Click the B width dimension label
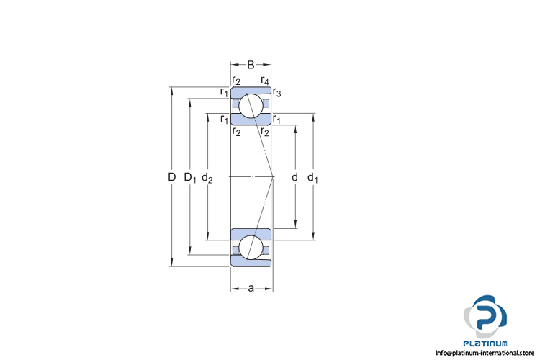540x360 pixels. click(251, 65)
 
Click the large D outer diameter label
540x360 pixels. click(171, 177)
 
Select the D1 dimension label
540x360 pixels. click(189, 177)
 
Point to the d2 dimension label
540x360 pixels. click(207, 177)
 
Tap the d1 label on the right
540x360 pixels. click(312, 177)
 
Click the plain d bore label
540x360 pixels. click(294, 177)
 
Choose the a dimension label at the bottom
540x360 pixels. click(251, 289)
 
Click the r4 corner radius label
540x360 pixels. click(265, 80)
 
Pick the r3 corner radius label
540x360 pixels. click(277, 91)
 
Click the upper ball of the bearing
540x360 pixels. click(251, 105)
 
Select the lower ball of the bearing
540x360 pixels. click(251, 247)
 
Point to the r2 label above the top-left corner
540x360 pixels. click(236, 80)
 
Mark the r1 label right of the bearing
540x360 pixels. click(277, 119)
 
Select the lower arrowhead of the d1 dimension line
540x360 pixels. click(313, 236)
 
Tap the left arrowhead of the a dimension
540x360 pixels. click(233, 289)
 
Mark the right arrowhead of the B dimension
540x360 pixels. click(271, 65)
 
